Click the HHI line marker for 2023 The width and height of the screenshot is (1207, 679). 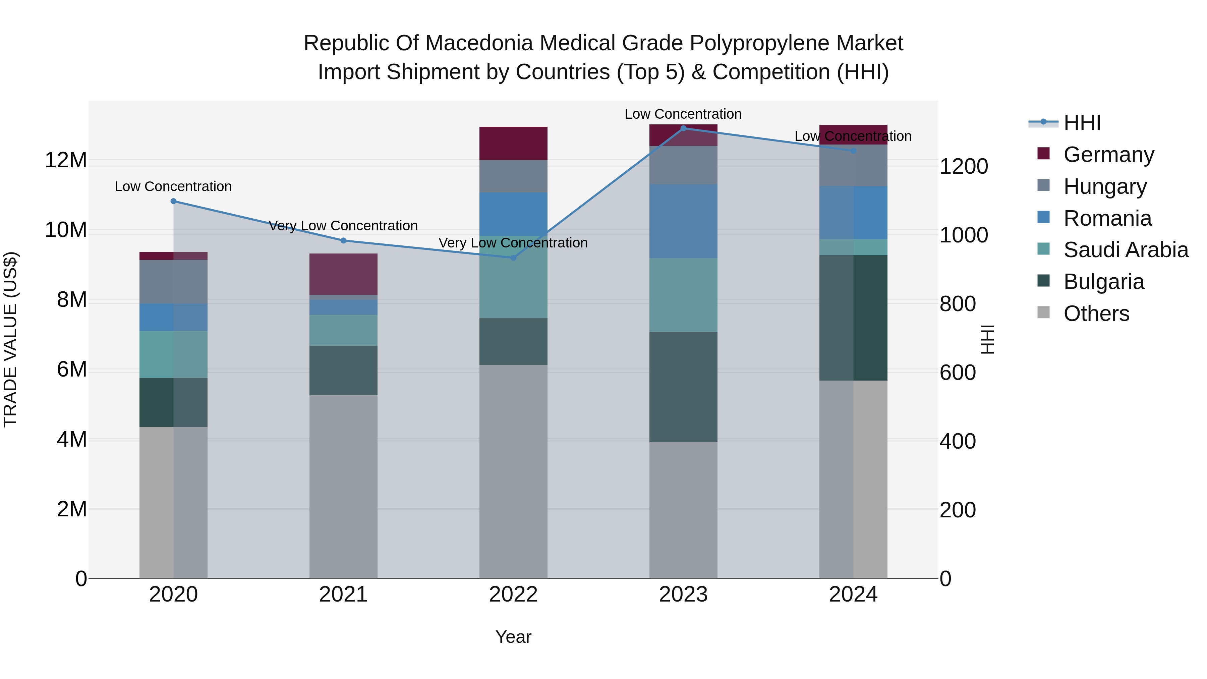pos(683,128)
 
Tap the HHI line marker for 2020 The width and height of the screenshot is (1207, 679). pos(173,201)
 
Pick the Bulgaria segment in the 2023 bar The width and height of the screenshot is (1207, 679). pos(683,387)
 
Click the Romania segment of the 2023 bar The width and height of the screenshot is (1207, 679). pos(683,221)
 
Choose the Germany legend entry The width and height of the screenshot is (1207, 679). pos(1108,155)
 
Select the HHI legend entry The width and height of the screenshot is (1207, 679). pos(1081,123)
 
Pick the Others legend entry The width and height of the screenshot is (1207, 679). pos(1096,314)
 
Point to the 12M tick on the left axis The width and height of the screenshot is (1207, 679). pos(66,160)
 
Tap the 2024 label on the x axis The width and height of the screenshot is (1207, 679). pos(853,595)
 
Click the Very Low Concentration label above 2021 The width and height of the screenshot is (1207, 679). pos(343,226)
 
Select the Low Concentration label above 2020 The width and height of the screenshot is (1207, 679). pos(173,186)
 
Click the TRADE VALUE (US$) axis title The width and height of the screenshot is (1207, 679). pos(10,339)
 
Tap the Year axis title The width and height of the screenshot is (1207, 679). pos(513,637)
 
